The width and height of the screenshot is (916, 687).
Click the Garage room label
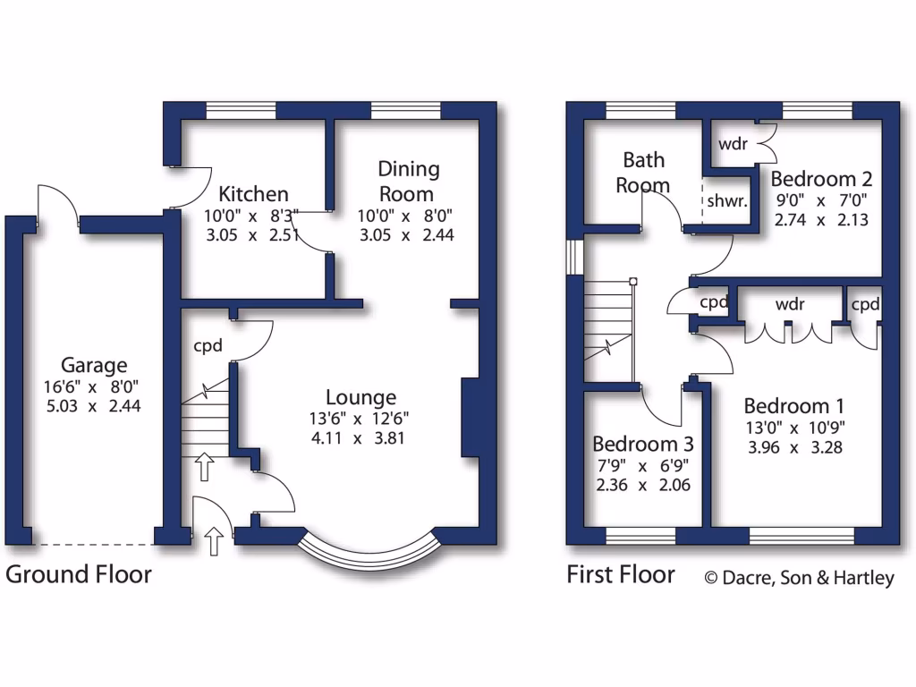coord(94,365)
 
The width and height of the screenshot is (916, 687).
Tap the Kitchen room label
coord(254,194)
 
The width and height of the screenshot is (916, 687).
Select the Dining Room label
coord(408,182)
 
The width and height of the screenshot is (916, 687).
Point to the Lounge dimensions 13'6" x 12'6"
coord(360,418)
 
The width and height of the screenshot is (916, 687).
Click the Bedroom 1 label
coord(793,404)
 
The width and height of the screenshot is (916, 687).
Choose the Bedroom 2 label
coord(821,178)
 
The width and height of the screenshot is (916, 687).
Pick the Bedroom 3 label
coord(643,445)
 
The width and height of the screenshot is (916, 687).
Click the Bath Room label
coord(644,173)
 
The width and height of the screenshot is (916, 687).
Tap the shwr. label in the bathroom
coord(726,201)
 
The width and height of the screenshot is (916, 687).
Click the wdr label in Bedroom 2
coord(732,144)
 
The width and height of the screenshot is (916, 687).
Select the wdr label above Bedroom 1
coord(790,304)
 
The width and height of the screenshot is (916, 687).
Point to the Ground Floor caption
coord(79,574)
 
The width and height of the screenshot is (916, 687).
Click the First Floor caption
coord(620,574)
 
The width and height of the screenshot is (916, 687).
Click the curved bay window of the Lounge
coord(369,552)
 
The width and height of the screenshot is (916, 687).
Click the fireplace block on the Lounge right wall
coord(470,419)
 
